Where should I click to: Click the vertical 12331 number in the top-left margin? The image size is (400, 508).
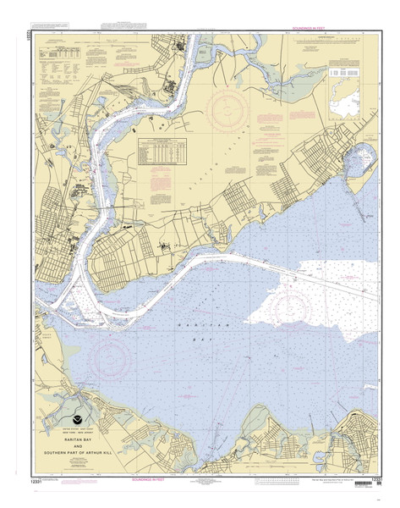tap(29, 38)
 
